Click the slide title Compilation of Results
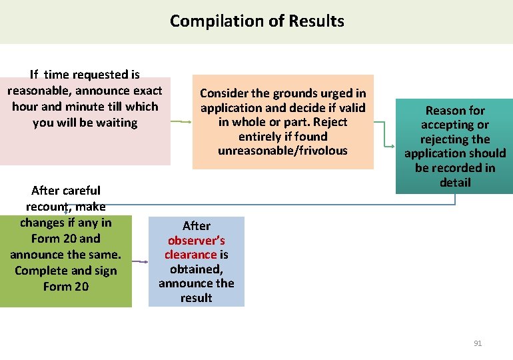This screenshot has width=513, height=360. [256, 21]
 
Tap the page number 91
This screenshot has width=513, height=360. [477, 343]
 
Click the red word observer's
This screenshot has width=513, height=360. [197, 240]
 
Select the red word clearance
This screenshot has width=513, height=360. [191, 255]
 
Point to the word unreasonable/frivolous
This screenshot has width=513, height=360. [282, 151]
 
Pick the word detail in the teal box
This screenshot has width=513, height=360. [455, 183]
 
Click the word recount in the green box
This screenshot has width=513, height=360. [50, 207]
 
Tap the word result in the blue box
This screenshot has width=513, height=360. [196, 298]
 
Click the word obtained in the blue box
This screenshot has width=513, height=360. [195, 269]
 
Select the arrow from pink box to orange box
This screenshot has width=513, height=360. [181, 122]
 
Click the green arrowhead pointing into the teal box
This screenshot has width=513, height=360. [392, 144]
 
